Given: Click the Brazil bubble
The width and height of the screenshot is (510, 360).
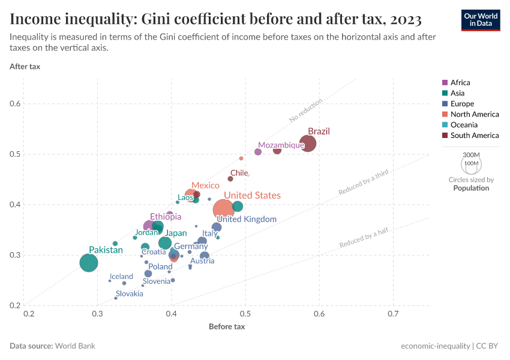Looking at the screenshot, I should point(308,143).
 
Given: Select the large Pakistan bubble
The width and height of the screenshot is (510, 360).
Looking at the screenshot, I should point(89,263).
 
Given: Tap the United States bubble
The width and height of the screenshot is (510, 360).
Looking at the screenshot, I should point(224,209).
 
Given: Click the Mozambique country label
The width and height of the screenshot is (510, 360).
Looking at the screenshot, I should point(281,145).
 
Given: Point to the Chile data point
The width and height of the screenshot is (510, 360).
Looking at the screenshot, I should point(230,178).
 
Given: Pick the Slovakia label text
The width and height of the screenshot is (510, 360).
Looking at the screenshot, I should point(130,293).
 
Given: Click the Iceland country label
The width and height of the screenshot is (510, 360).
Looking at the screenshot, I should point(121,277).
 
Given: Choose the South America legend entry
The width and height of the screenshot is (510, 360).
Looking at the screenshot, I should point(474,136).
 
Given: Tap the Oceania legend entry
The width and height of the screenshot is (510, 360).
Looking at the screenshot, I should point(464,125).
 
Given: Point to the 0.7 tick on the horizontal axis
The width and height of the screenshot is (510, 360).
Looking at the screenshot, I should point(394,314).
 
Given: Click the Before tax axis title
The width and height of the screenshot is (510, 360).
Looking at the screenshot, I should point(227,326).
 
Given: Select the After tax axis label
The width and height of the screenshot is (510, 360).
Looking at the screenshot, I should point(25,66).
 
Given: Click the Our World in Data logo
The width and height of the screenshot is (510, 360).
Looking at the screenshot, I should point(481,19).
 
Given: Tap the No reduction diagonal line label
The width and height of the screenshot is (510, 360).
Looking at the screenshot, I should point(306,110).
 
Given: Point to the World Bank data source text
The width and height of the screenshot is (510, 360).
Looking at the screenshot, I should point(74,346).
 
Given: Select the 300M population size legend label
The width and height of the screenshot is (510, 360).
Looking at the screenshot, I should point(471,155).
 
